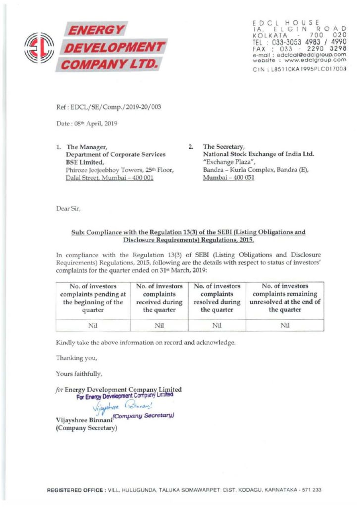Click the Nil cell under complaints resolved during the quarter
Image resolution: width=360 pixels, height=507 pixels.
point(216,325)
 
